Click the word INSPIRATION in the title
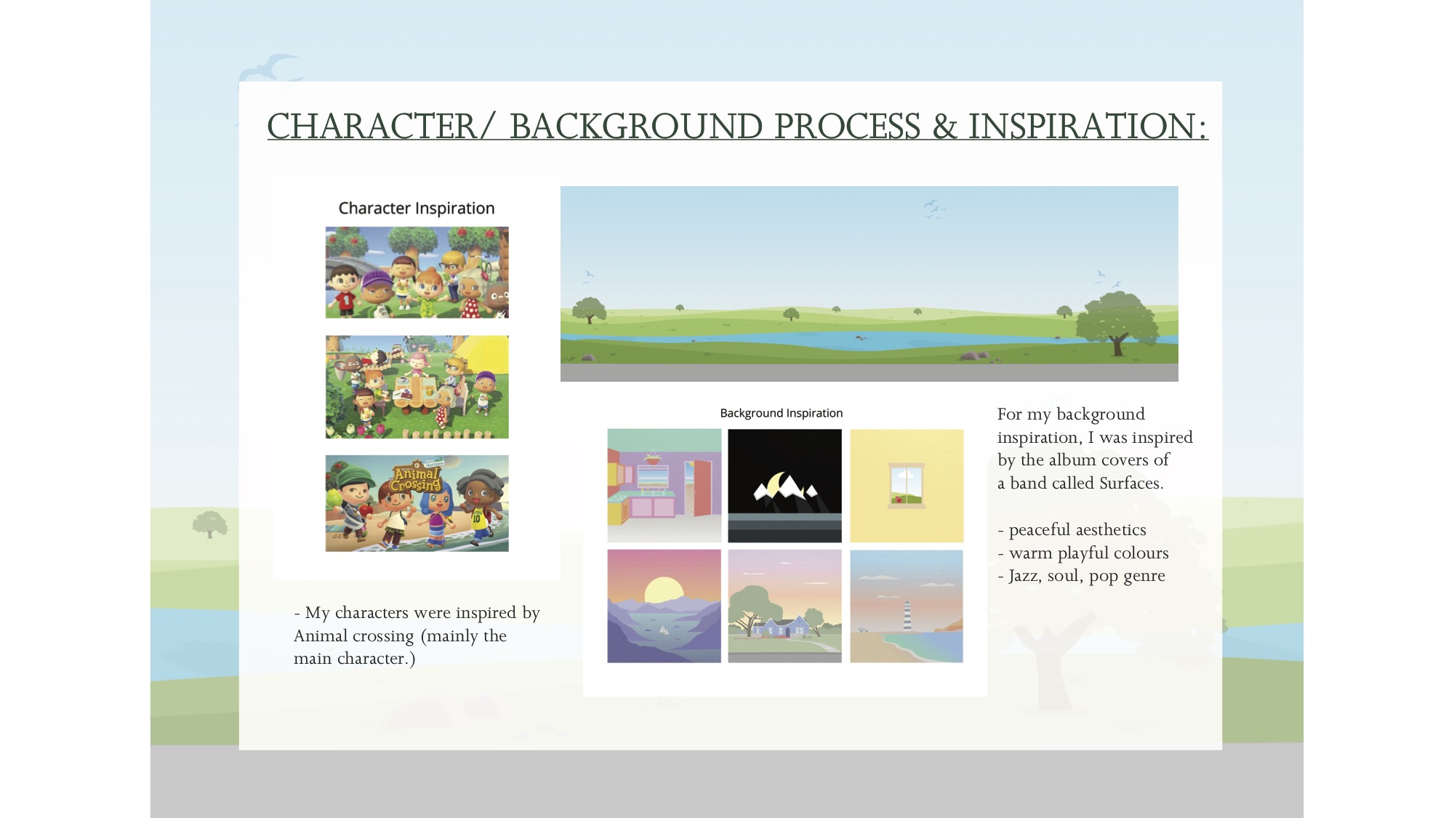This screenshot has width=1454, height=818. pyautogui.click(x=1088, y=126)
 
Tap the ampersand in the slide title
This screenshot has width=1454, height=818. pyautogui.click(x=944, y=127)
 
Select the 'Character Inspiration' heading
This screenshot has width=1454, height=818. pyautogui.click(x=417, y=208)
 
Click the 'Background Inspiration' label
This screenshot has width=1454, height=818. pyautogui.click(x=782, y=413)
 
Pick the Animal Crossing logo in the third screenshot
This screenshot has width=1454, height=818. pyautogui.click(x=417, y=476)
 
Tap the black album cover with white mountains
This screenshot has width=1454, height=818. pyautogui.click(x=784, y=485)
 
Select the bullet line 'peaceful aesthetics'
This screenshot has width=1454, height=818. pyautogui.click(x=1072, y=529)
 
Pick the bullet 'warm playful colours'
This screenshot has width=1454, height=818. pyautogui.click(x=1083, y=553)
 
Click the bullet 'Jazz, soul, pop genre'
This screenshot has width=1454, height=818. pyautogui.click(x=1081, y=576)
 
